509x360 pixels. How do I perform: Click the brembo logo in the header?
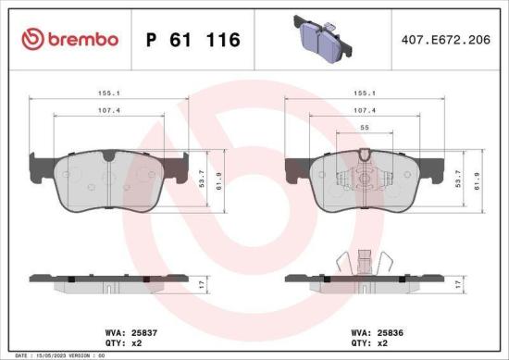point(68,39)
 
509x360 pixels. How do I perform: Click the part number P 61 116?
point(193,40)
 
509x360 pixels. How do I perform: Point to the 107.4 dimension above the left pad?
point(110,111)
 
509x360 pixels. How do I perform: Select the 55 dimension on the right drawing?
point(366,128)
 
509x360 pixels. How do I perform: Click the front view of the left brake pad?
point(110,178)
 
